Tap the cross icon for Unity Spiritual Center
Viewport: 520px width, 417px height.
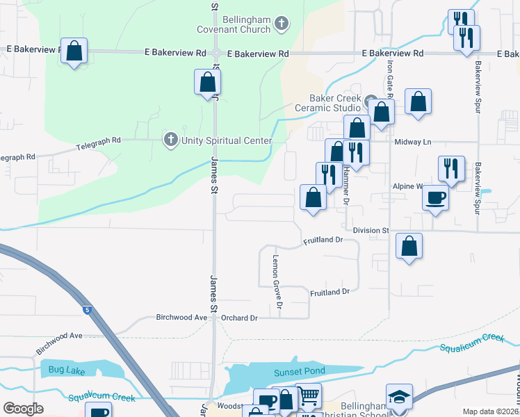point(170,140)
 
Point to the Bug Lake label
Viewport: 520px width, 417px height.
point(66,370)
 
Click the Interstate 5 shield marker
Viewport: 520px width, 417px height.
point(86,309)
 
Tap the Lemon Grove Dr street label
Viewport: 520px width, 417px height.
point(277,281)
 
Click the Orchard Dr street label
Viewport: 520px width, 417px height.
point(239,318)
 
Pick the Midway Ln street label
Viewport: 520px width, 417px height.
point(413,142)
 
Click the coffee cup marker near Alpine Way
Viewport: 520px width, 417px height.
point(435,197)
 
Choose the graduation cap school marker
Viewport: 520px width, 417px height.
point(399,397)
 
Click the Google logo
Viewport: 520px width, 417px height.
point(24,409)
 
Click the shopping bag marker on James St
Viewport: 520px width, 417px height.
point(207,83)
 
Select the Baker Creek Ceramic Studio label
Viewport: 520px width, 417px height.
point(328,103)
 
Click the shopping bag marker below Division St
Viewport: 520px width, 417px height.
point(409,246)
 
